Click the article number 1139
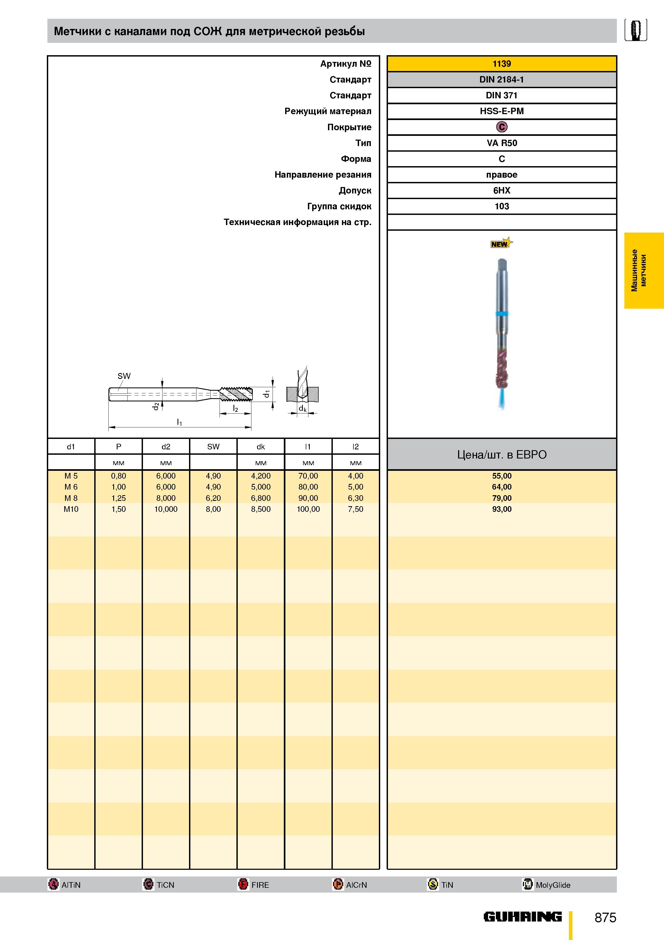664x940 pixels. click(501, 64)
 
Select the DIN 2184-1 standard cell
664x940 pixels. click(501, 79)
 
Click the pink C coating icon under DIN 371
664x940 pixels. click(501, 127)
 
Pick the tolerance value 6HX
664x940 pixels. click(501, 190)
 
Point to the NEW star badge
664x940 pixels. click(501, 243)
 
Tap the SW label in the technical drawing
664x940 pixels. click(124, 376)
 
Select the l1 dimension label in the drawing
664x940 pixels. click(179, 422)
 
